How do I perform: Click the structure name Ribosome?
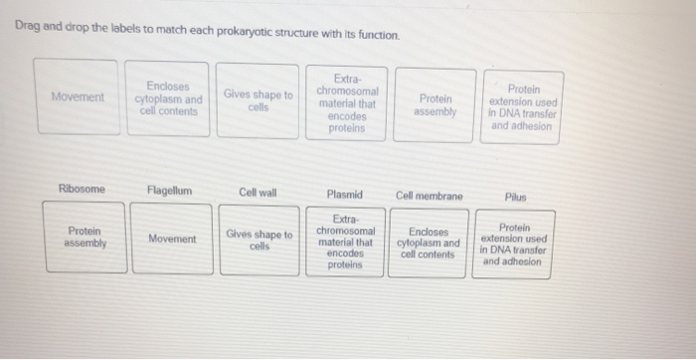point(82,190)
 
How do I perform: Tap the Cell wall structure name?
point(258,192)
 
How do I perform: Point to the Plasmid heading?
point(344,195)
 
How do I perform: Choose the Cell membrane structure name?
point(429,196)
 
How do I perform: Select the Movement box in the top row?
point(78,96)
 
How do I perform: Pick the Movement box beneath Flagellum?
point(172,239)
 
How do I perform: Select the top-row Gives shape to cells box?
point(258,100)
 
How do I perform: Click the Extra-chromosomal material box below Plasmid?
point(345,242)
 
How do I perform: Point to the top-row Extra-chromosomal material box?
point(346,102)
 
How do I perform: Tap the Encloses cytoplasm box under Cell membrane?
point(429,244)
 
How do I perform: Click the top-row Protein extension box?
point(523,107)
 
